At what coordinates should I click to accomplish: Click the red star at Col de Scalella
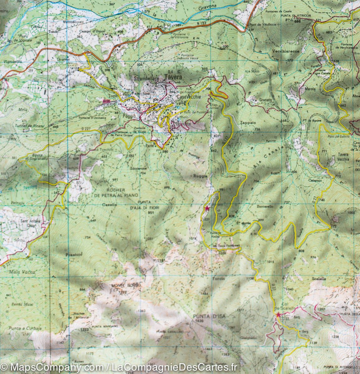pos(278,315)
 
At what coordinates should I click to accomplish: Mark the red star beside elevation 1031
pos(207,208)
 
